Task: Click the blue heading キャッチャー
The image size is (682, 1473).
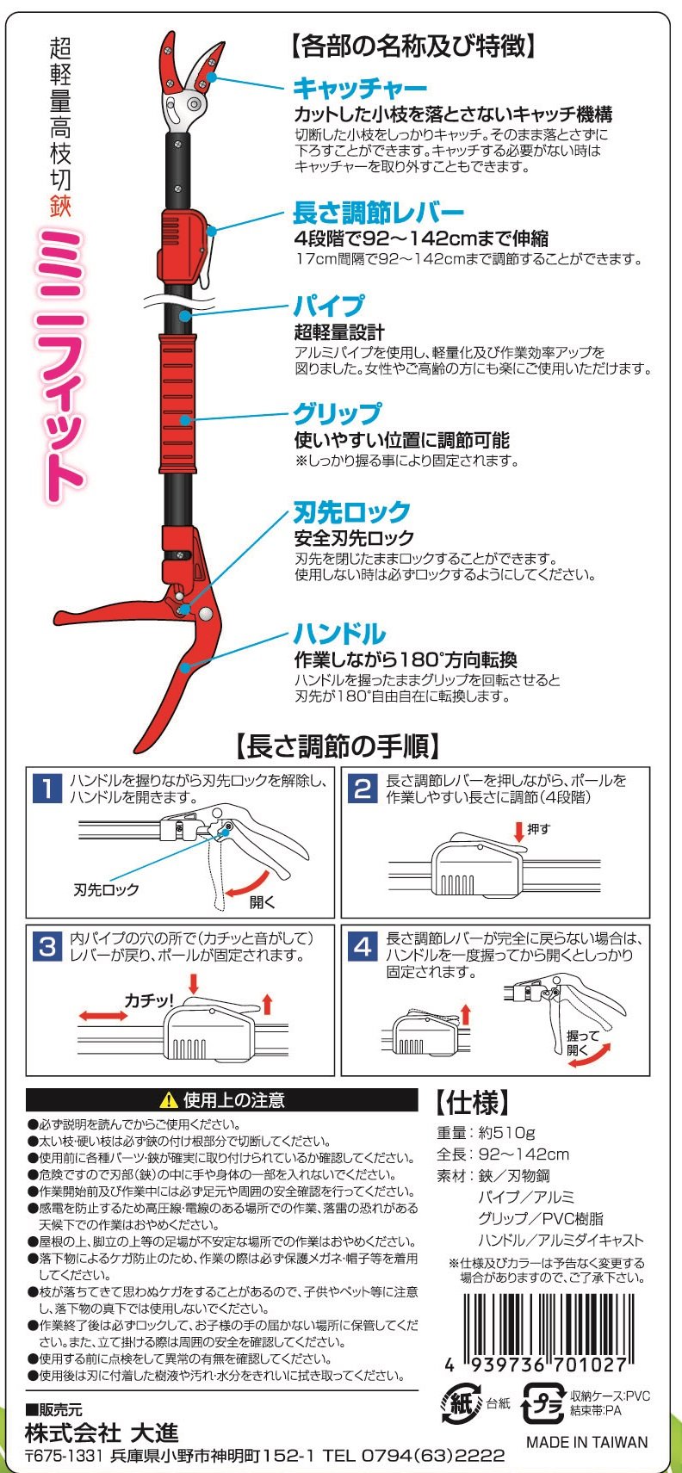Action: coord(360,88)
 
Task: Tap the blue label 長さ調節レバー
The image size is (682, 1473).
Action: coord(378,213)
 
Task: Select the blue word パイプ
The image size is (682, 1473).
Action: coord(329,306)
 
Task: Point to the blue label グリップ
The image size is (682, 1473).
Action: coord(337,414)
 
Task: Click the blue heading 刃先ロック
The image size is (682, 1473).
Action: coord(352,513)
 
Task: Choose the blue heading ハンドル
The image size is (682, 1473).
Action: coord(339,634)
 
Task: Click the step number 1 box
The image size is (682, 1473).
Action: coord(46,789)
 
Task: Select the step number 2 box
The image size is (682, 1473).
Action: coord(363,788)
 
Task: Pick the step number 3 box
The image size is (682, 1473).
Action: coord(46,947)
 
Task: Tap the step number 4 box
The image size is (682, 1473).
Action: coord(363,947)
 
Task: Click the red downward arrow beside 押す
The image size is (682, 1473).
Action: coord(518,831)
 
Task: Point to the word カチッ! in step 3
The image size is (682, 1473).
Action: coord(149,1000)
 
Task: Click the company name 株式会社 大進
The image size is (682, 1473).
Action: coord(102,1433)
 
